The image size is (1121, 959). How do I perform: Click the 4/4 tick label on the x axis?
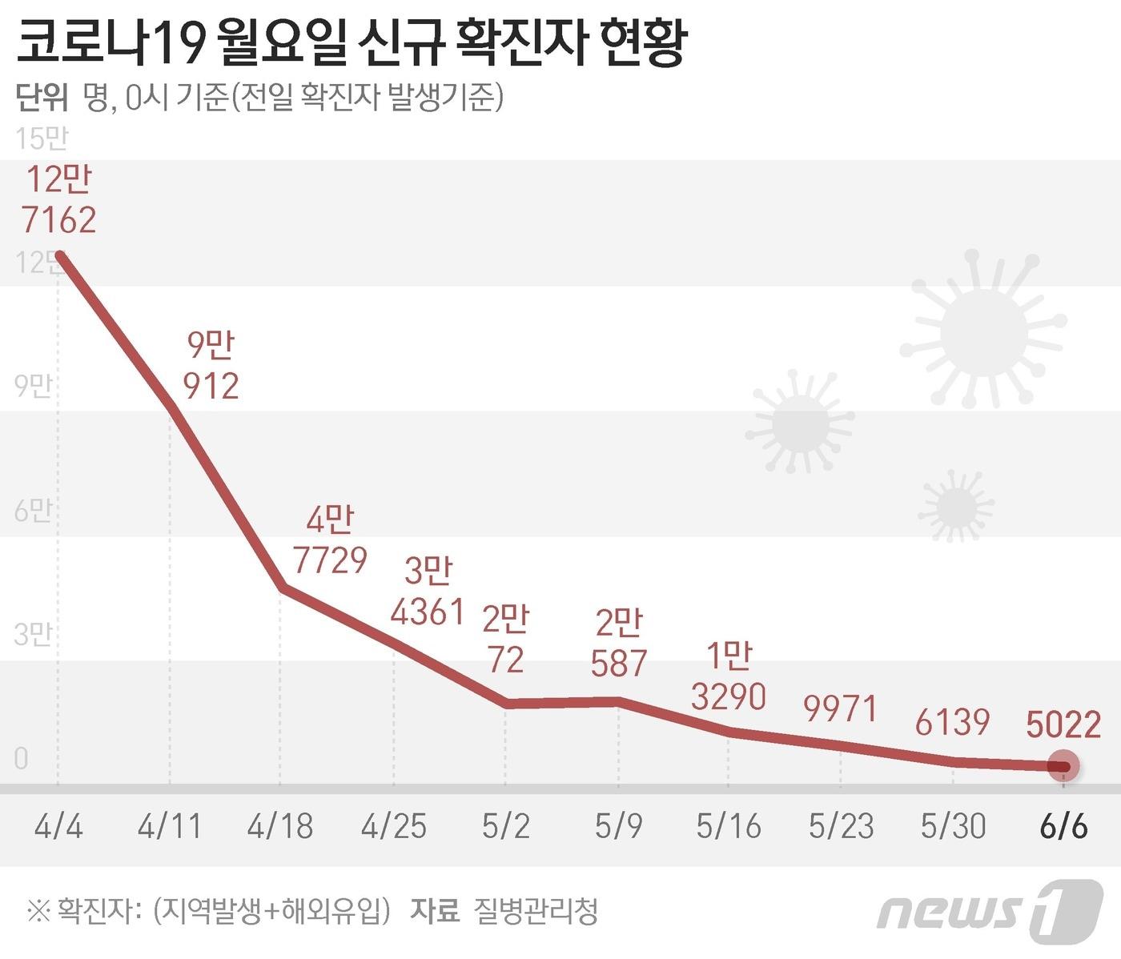point(58,825)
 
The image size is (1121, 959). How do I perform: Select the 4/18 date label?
point(279,825)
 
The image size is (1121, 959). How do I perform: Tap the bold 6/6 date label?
point(1063,825)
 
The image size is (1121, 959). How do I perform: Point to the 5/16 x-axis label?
point(728,825)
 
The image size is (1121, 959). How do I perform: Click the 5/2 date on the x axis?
point(505,825)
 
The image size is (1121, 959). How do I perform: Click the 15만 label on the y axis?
point(42,138)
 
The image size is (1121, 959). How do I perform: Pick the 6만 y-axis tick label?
point(33,510)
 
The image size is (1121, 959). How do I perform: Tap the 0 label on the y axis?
point(22,758)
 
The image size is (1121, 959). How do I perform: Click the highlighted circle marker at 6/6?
point(1063,766)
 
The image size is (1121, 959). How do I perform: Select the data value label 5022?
point(1063,725)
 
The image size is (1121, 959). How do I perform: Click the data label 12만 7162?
point(59,199)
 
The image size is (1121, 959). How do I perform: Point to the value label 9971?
point(841,709)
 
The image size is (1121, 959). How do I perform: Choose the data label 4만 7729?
point(329,540)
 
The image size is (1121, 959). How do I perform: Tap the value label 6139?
point(952,723)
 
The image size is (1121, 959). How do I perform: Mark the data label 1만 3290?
point(729,677)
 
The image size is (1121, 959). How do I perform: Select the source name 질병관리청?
point(536,910)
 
